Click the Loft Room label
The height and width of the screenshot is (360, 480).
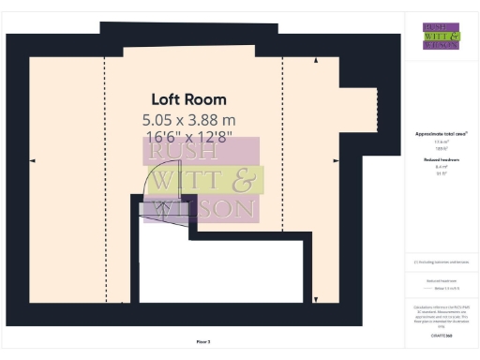click(188, 99)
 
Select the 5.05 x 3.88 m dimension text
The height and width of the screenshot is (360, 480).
click(188, 120)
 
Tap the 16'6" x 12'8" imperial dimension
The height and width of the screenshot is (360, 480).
click(188, 138)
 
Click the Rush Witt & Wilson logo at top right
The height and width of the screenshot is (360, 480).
click(441, 36)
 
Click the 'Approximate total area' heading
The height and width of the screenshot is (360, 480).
click(441, 134)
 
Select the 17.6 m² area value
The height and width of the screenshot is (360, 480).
click(441, 142)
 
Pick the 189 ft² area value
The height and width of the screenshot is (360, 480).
click(441, 148)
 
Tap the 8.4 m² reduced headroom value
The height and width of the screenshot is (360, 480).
click(441, 166)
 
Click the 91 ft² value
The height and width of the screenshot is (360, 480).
click(441, 172)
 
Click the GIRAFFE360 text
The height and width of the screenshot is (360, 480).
click(441, 334)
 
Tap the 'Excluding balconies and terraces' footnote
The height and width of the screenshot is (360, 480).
click(441, 262)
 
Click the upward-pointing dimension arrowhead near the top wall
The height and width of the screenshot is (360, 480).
click(316, 61)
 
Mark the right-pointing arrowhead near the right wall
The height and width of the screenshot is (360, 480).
click(336, 161)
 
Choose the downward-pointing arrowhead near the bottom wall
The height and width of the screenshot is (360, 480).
click(316, 300)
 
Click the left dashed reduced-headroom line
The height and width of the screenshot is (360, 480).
click(105, 178)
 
